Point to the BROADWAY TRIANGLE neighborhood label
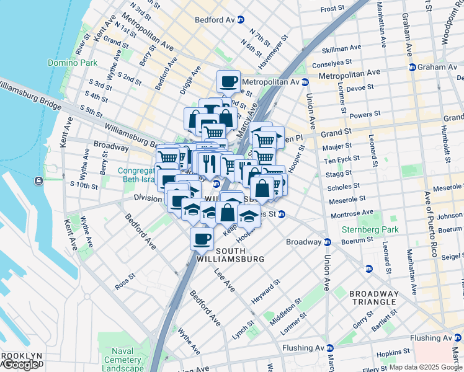(373, 298)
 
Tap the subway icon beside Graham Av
(412, 67)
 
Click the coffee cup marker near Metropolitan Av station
(228, 81)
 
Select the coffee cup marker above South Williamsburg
(202, 238)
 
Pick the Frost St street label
(332, 9)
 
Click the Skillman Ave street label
(341, 48)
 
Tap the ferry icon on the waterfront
(38, 180)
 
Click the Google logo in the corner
(21, 365)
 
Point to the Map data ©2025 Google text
(426, 367)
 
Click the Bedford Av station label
(214, 20)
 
